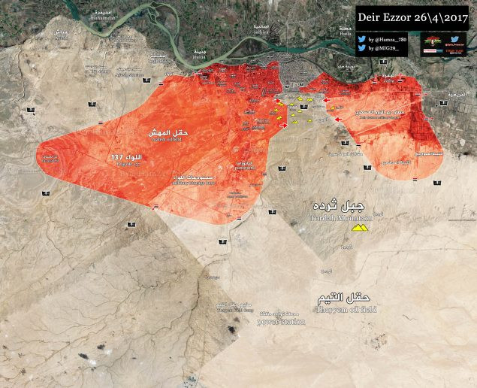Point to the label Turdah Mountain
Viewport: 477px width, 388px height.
[x=340, y=217]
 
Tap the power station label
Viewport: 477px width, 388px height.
[x=281, y=322]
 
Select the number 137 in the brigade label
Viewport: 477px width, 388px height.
[x=116, y=156]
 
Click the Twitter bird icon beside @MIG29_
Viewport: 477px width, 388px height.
[x=362, y=48]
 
